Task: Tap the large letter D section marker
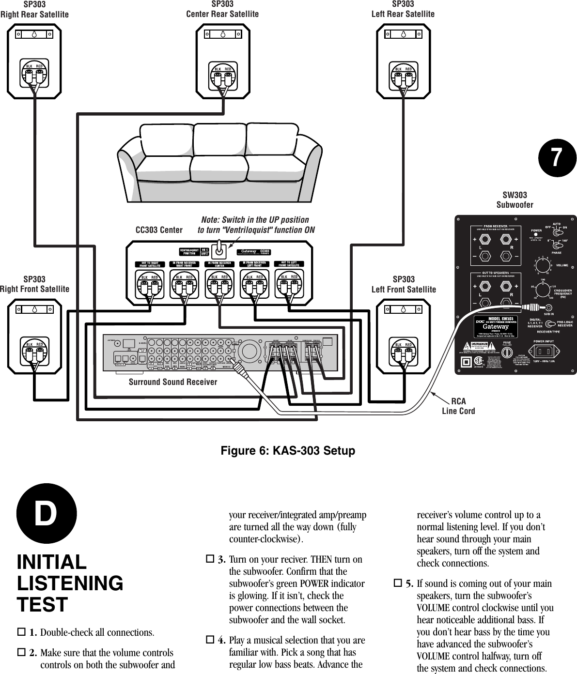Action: coord(47,514)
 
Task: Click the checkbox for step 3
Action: coord(210,560)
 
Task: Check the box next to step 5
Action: coord(398,584)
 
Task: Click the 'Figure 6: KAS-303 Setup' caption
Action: coord(288,451)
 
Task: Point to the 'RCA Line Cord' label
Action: coord(458,406)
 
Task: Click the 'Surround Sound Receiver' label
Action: coord(173,382)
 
